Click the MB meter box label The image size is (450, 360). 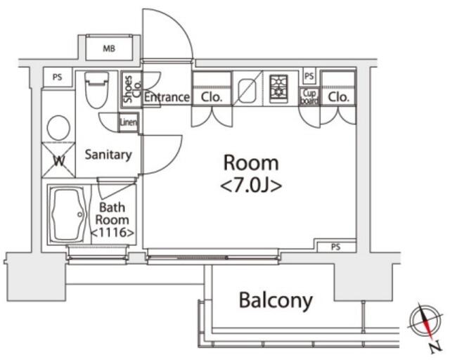tap(109, 49)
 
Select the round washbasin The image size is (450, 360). tap(58, 128)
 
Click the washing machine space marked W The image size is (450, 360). tap(59, 159)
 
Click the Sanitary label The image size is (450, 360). tap(108, 155)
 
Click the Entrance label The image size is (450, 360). tap(167, 97)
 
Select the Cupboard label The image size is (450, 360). tap(310, 96)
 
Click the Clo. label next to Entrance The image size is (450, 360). tap(212, 97)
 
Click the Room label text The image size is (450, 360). tap(251, 163)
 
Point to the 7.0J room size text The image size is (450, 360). tap(251, 186)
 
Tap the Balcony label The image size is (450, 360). tap(276, 301)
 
